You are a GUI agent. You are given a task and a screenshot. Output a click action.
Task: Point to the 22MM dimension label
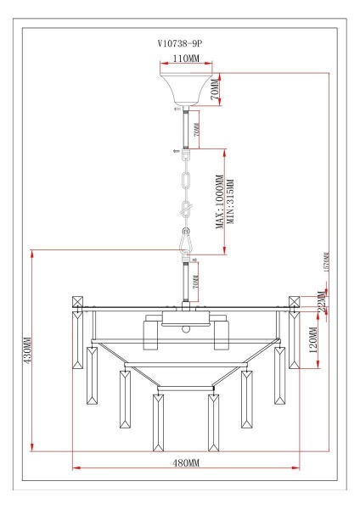coord(320,304)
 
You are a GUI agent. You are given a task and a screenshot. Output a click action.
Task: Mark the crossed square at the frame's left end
coord(78,301)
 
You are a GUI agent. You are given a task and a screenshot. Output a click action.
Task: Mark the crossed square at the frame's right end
coord(295,301)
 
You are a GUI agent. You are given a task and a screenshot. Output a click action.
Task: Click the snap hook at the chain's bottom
coord(185,243)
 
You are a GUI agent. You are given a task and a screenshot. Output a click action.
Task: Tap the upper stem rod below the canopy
coord(185,127)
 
